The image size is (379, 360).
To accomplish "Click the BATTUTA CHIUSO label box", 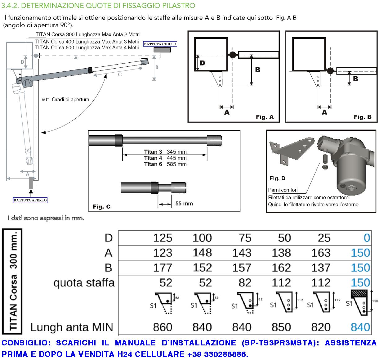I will pos(160,44).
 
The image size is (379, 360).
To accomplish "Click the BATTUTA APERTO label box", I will pos(30,200).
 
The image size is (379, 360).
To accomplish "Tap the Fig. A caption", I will pos(265,117).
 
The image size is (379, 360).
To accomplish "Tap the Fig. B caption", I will pos(362,117).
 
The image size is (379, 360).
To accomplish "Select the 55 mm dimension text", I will pos(184,204).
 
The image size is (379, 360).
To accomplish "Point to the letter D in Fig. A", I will pos(202,63).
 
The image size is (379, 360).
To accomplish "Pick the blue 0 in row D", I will pos(367,238).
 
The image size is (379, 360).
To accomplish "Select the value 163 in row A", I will pos(321,253).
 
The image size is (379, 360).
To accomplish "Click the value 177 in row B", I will pos(163,268).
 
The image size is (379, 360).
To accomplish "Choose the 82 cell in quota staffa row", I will pos(245,283).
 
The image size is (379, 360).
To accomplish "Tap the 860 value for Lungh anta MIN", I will pos(163,327).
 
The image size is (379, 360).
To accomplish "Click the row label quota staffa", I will pos(84,283).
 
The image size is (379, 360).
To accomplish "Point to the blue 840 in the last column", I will pos(360,327).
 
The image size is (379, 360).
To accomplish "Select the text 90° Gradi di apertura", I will pos(65,100).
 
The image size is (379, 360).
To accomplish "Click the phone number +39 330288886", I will pos(217,354).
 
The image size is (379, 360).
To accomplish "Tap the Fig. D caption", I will pos(277,178).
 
